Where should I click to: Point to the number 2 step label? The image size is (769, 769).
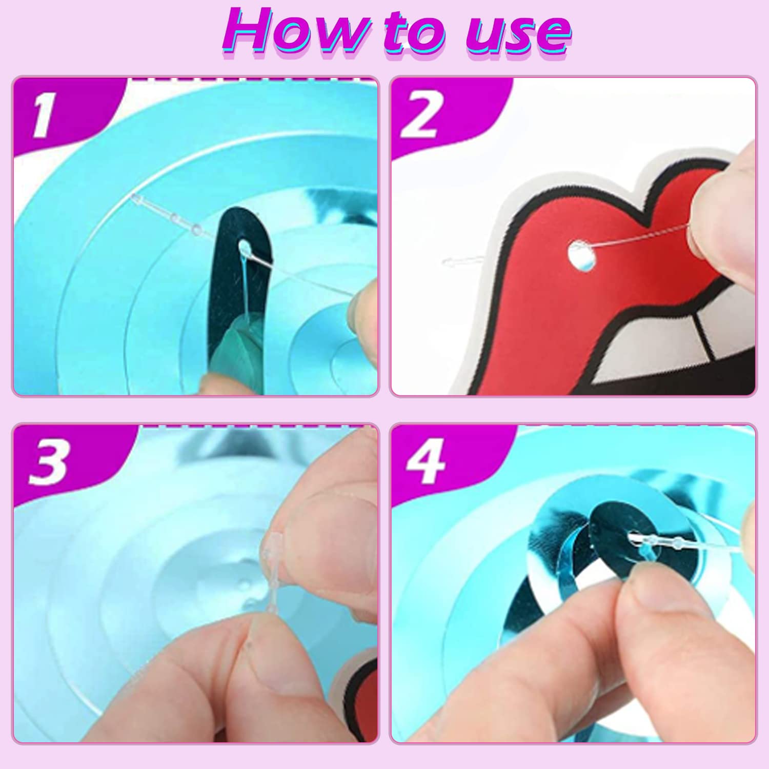[420, 116]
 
